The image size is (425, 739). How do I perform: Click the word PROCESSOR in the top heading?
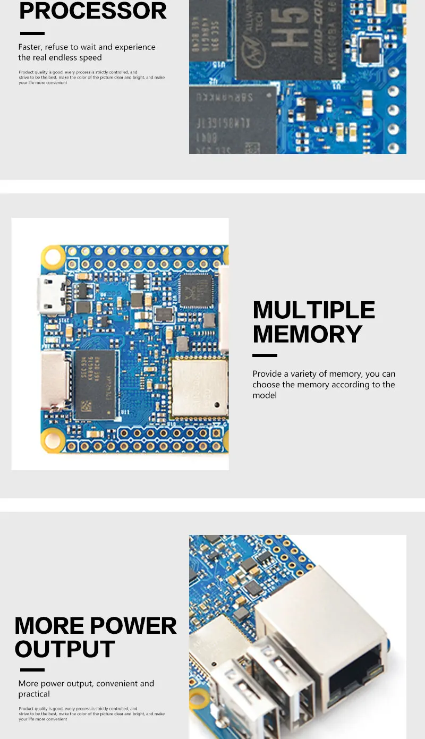93,11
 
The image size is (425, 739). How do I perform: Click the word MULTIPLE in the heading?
314,310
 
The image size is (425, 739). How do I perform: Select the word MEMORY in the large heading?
307,334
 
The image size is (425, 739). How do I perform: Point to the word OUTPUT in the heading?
65,649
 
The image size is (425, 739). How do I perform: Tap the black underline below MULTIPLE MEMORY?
265,355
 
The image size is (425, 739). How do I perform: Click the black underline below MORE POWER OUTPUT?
32,670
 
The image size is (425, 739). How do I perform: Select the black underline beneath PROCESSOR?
32,33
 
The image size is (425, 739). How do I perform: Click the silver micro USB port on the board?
52,294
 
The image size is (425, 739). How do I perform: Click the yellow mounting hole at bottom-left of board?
53,440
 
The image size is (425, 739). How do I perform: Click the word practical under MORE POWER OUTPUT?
34,694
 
